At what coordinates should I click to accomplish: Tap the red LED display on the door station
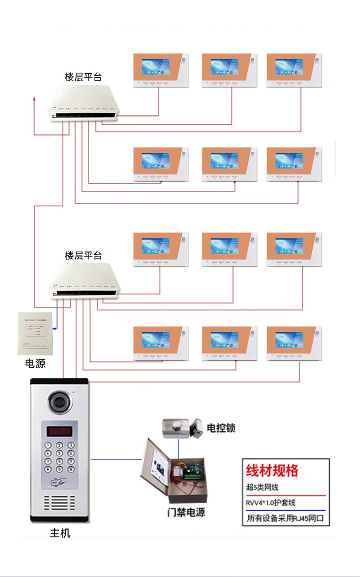60,431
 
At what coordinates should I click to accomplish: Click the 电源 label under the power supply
35,364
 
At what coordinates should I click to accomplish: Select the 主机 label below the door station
60,533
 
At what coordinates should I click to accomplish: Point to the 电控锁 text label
221,428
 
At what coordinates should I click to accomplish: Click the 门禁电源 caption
185,512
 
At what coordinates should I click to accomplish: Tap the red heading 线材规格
272,470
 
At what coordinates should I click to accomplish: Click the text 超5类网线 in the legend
262,487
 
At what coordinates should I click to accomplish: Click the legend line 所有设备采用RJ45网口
285,518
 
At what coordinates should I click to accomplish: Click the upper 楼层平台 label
83,77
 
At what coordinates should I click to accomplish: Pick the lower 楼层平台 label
83,255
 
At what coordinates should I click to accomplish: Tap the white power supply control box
36,333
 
